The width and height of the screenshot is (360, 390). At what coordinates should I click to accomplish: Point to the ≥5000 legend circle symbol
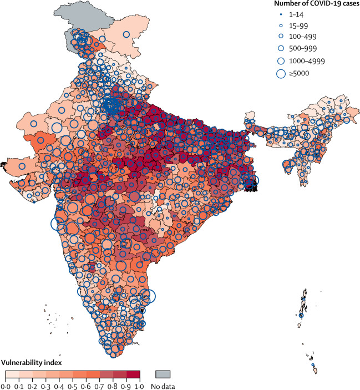pos(281,73)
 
